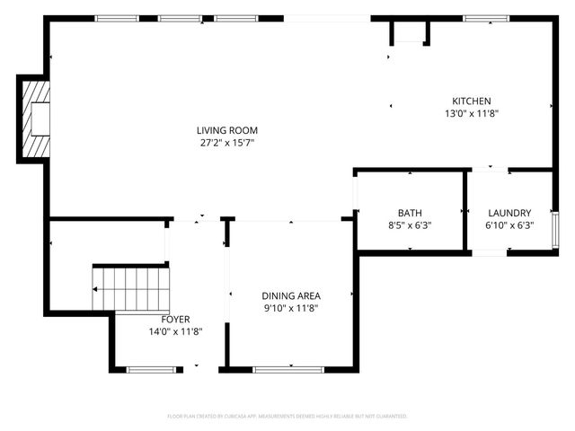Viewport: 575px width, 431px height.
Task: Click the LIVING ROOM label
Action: pos(228,130)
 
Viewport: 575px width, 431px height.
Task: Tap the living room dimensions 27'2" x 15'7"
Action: pos(228,143)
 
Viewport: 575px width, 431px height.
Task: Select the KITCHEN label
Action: pos(471,101)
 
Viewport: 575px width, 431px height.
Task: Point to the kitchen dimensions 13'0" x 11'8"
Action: pos(471,114)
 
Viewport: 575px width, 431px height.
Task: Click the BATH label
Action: pos(410,213)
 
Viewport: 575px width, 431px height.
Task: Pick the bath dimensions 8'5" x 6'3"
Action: pos(410,225)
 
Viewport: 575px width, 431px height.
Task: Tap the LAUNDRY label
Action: pos(509,213)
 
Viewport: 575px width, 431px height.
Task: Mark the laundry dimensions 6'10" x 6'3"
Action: pos(509,225)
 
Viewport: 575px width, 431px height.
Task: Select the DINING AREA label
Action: pos(291,295)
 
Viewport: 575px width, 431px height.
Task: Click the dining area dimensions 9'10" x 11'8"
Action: pos(291,308)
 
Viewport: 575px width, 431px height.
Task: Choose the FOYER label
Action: pos(175,319)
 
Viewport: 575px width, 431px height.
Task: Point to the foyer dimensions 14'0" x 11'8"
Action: pos(175,331)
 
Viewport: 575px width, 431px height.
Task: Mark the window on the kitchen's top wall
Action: pos(486,17)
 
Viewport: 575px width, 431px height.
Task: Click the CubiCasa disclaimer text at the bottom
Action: pos(287,417)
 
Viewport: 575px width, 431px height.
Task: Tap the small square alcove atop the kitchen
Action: pos(410,32)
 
